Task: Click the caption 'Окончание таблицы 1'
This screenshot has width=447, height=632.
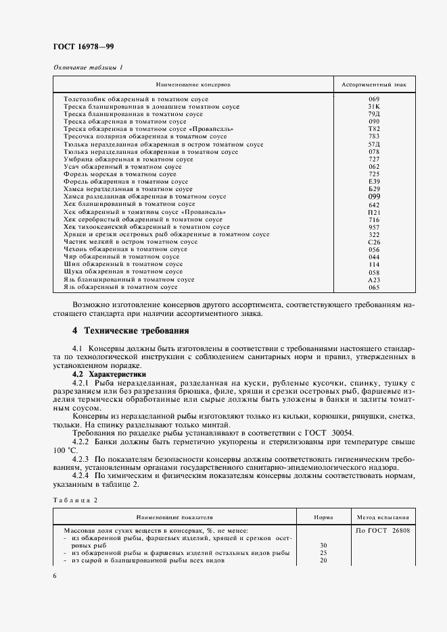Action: [x=88, y=68]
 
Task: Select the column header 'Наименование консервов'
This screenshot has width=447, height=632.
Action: [x=193, y=86]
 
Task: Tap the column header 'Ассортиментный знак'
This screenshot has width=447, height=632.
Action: [x=374, y=86]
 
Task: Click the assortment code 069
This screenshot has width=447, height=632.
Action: [x=374, y=99]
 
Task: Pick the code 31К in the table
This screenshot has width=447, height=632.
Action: [x=374, y=107]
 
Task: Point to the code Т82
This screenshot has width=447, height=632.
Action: [x=374, y=129]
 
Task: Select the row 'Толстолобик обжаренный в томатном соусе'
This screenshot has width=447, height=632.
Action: [x=136, y=99]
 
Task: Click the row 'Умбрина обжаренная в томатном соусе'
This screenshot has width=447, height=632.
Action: [x=128, y=159]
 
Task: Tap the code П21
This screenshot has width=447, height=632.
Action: [x=374, y=212]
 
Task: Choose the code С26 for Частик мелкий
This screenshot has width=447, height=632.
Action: [x=374, y=242]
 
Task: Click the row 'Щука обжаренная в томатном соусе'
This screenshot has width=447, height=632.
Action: [x=123, y=271]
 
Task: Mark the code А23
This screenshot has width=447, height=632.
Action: [x=374, y=280]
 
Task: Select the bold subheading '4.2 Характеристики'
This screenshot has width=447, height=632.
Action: [x=109, y=373]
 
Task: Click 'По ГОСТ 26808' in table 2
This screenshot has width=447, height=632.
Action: [x=383, y=531]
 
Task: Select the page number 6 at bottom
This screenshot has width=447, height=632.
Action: [x=55, y=575]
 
